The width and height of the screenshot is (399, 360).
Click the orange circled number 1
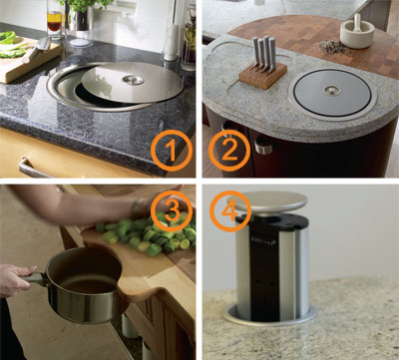(x=172, y=151)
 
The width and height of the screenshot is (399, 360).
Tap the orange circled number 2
(x=229, y=151)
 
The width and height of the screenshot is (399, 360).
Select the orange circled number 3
(x=172, y=211)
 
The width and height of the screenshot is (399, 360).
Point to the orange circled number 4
(x=230, y=211)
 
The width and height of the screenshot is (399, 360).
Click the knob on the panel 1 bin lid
(x=134, y=80)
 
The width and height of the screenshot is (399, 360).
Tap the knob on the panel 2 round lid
(x=332, y=91)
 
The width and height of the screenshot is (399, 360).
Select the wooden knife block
(x=263, y=75)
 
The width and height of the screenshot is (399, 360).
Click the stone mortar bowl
(x=357, y=35)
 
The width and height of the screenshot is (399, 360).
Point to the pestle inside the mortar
(x=357, y=22)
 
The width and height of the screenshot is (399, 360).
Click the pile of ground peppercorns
(x=333, y=47)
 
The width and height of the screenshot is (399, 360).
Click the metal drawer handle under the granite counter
(x=33, y=169)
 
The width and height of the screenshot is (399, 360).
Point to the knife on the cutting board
(x=37, y=49)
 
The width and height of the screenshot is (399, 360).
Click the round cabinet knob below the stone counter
(x=263, y=146)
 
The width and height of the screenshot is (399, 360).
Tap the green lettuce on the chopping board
(x=12, y=45)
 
